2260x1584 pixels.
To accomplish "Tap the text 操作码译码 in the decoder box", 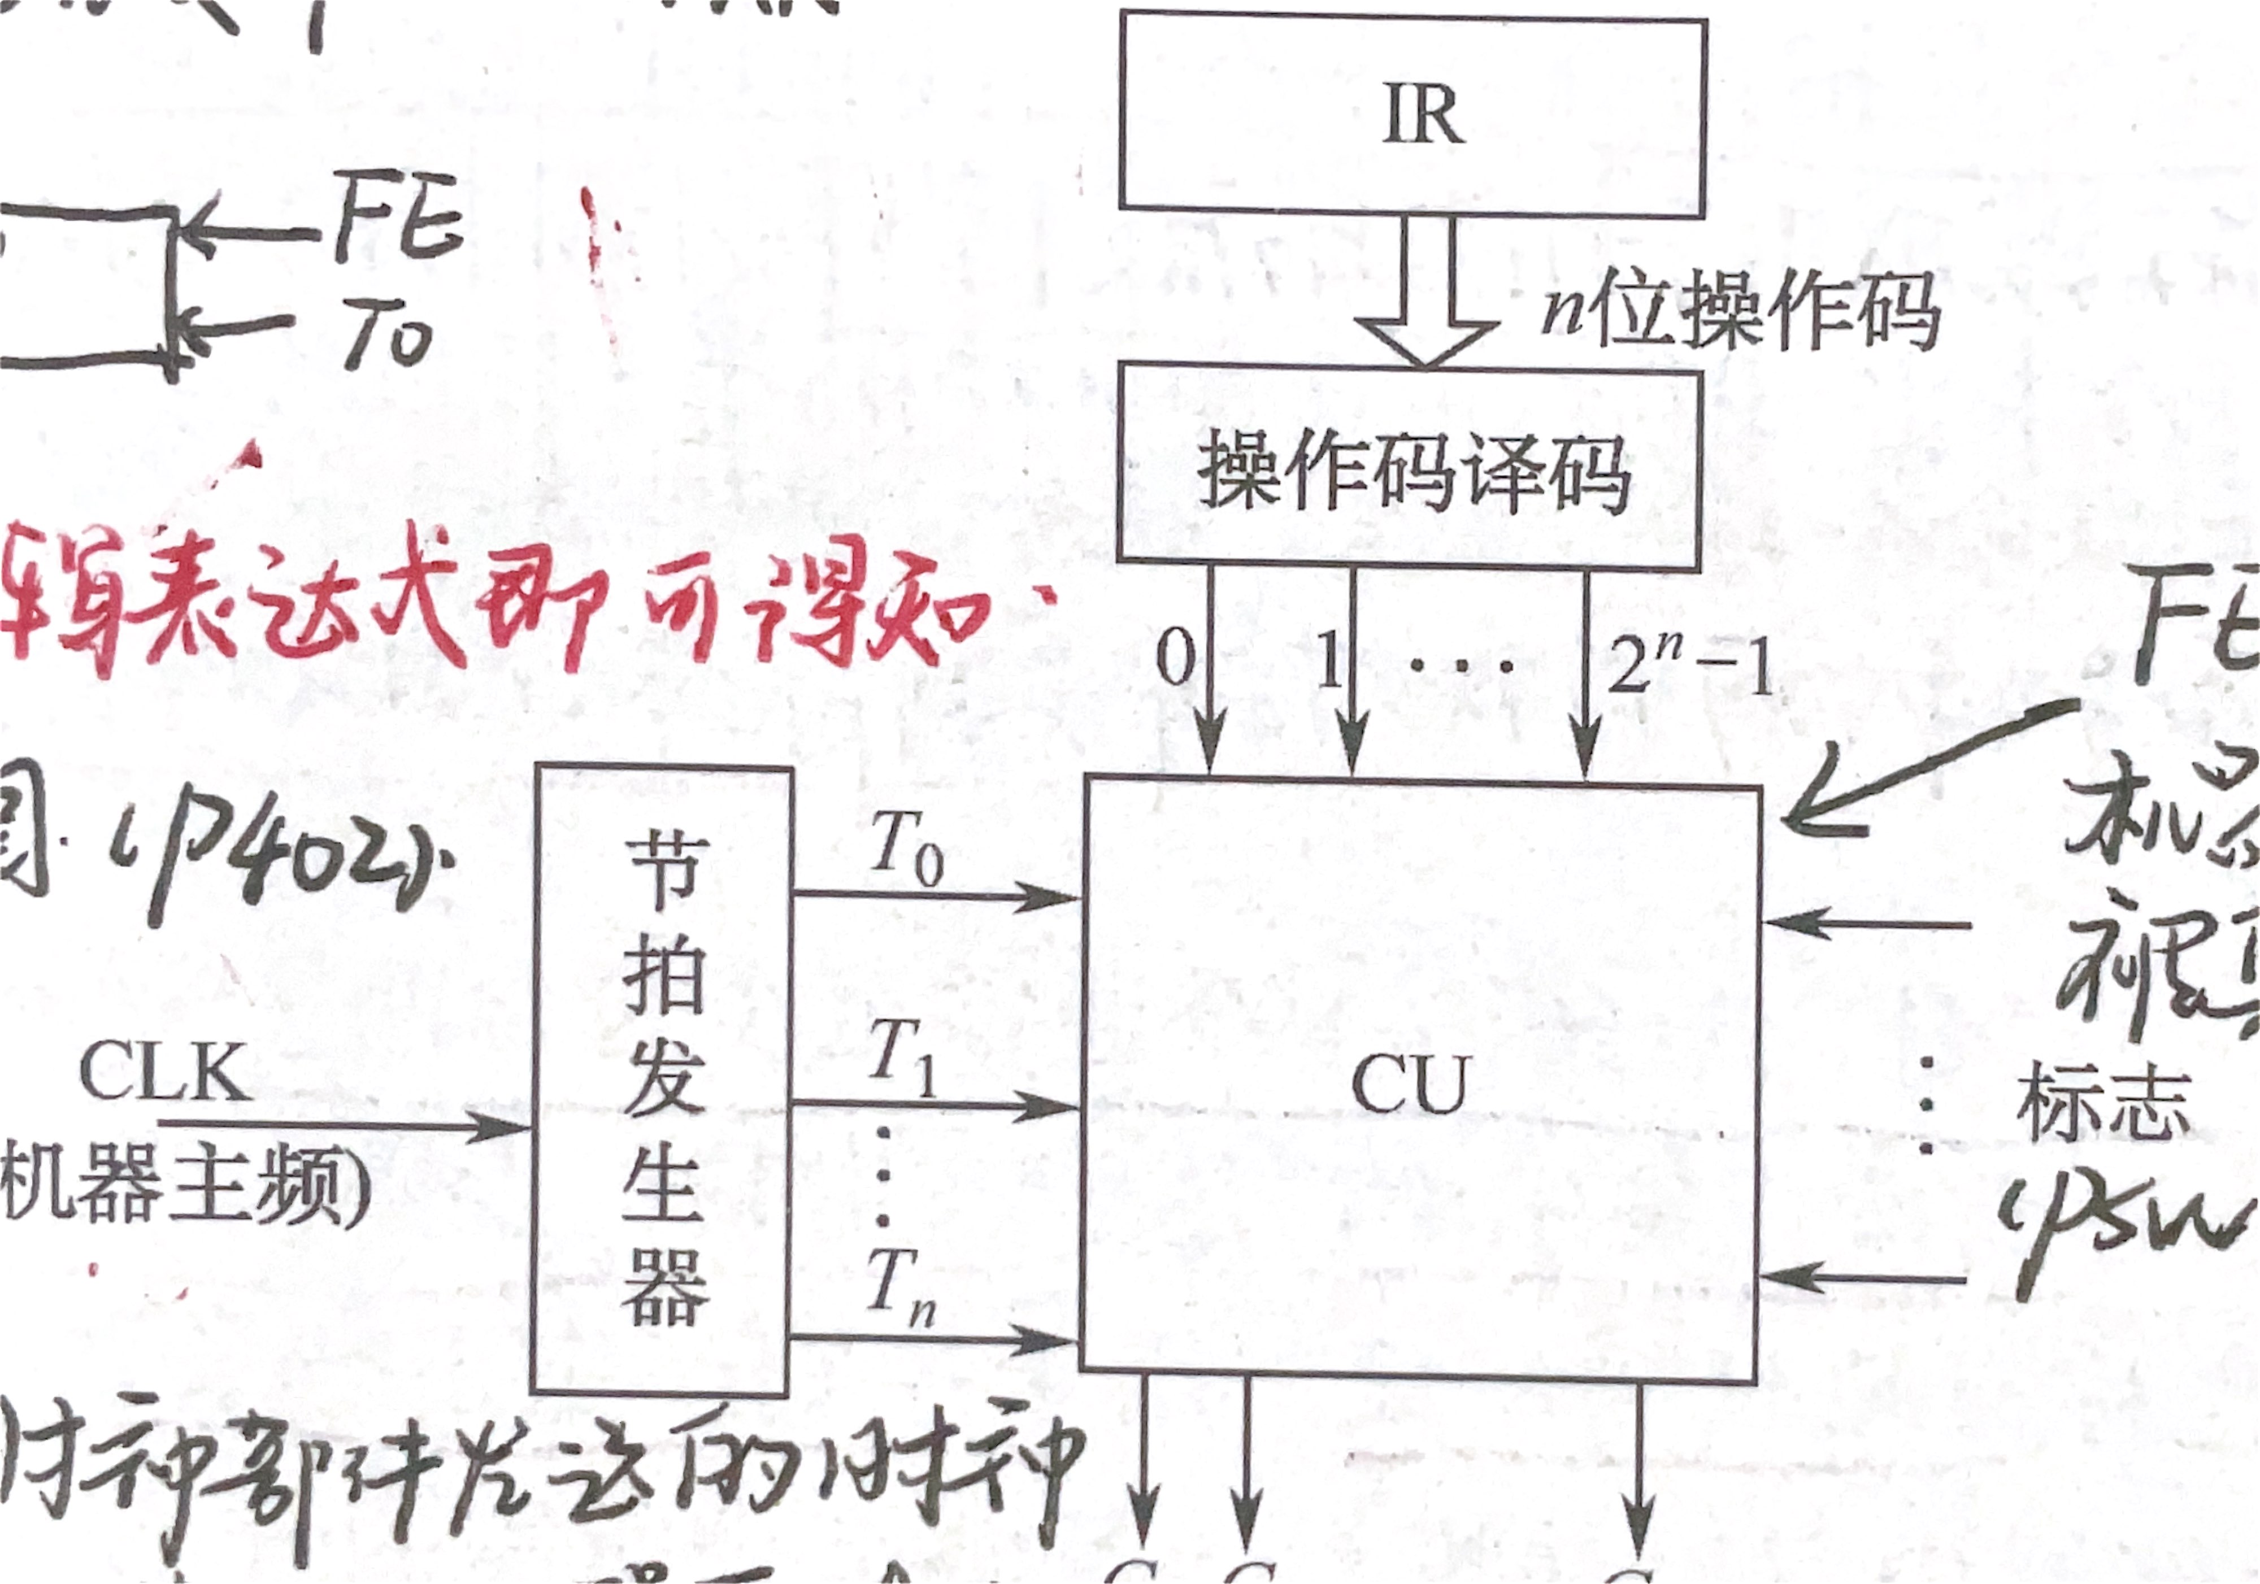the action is coord(1412,472).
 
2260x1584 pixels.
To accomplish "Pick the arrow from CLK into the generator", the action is coord(345,1123).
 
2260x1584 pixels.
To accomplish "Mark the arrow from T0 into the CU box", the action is coord(935,896).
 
